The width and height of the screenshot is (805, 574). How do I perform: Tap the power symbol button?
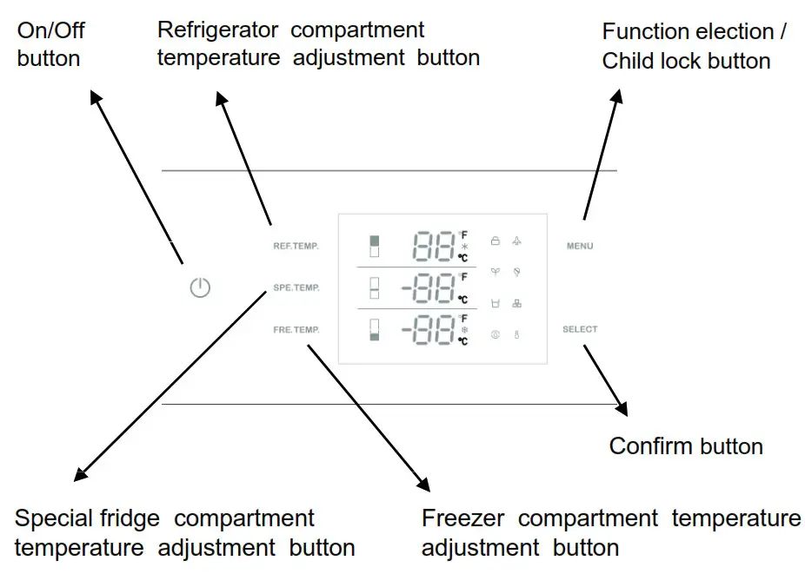point(200,288)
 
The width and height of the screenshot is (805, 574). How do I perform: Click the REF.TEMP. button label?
point(296,246)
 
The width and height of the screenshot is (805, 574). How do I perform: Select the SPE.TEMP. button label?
point(296,287)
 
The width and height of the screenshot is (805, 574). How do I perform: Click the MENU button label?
point(580,246)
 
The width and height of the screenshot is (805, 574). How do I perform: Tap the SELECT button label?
point(580,329)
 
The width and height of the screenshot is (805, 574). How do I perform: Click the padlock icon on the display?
point(496,241)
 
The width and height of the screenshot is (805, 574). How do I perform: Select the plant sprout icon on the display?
point(496,273)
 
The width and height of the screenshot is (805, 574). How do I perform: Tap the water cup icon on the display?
point(496,304)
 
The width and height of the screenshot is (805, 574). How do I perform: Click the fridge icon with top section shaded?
point(376,246)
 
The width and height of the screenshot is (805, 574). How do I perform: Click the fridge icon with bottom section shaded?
point(376,330)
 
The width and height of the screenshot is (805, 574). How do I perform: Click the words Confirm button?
point(685,446)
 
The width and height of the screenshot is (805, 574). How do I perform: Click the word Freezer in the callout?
point(465,518)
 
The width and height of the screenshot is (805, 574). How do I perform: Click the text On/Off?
point(51,31)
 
